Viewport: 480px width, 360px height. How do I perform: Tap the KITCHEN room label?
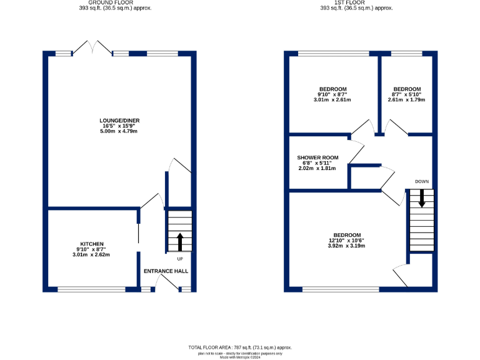coord(92,244)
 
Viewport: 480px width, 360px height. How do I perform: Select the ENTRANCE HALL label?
coord(166,271)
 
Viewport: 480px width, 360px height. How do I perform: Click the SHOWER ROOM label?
coord(317,157)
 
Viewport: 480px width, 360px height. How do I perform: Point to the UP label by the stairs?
coord(180,258)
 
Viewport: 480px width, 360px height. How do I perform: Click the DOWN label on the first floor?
coord(421,182)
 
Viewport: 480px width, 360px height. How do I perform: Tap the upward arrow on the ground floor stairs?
coord(181,241)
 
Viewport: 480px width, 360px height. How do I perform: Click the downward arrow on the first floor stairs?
coord(421,199)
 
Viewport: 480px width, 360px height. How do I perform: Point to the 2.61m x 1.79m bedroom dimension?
coord(406,99)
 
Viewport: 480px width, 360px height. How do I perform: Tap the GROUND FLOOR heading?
coord(104,2)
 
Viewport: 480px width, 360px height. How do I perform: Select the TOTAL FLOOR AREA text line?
coord(240,347)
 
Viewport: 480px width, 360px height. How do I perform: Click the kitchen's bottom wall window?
coord(91,289)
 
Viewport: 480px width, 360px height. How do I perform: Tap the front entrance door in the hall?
coord(164,282)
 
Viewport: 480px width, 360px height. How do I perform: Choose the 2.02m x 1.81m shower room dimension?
coord(317,168)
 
